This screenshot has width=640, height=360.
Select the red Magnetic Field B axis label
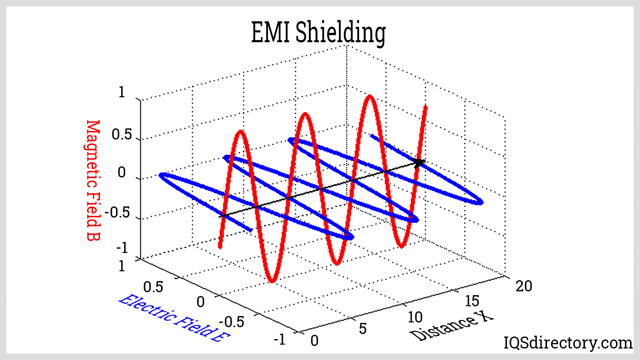[93, 180]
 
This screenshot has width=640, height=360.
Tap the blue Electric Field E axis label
[174, 318]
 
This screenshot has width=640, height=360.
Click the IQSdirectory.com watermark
[567, 343]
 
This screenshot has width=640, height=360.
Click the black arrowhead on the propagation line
[420, 163]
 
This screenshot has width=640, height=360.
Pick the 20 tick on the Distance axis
[524, 286]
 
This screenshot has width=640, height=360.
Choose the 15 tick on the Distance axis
[472, 301]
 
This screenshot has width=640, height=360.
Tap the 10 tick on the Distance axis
[415, 317]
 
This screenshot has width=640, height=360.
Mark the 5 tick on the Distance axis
[362, 328]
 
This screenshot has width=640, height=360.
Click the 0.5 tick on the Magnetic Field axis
[122, 135]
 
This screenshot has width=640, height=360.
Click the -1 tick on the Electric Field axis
[279, 340]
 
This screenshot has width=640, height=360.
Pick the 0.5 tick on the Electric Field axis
[153, 287]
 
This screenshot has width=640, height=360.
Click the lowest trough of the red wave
[272, 281]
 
